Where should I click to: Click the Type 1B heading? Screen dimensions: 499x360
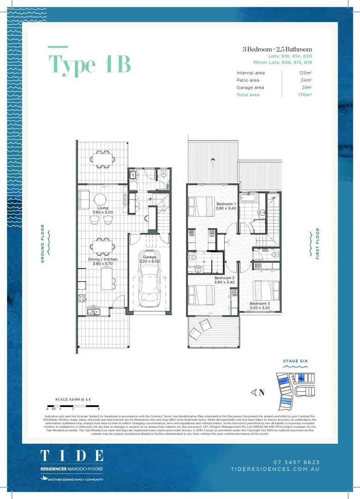point(90,64)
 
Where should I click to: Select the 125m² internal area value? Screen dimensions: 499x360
point(305,73)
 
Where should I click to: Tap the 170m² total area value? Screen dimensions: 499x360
point(305,95)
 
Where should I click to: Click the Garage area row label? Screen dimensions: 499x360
point(250,87)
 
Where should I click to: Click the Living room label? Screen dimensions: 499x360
point(103,208)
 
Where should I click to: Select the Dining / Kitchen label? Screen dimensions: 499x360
point(103,259)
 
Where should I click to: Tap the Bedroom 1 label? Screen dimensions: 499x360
point(226,204)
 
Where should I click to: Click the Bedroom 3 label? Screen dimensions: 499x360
point(259,304)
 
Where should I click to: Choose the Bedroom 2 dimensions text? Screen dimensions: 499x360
point(225,282)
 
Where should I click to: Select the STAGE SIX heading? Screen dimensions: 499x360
point(295,361)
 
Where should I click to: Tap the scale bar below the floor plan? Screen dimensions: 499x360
point(73,406)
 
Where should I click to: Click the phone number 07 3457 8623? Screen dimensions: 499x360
point(297,462)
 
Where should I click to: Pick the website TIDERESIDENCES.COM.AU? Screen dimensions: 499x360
point(275,469)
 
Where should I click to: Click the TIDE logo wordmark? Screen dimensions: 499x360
point(72,456)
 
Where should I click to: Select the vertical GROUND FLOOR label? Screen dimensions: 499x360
point(43,243)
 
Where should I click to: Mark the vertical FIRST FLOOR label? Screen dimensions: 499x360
point(317,243)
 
